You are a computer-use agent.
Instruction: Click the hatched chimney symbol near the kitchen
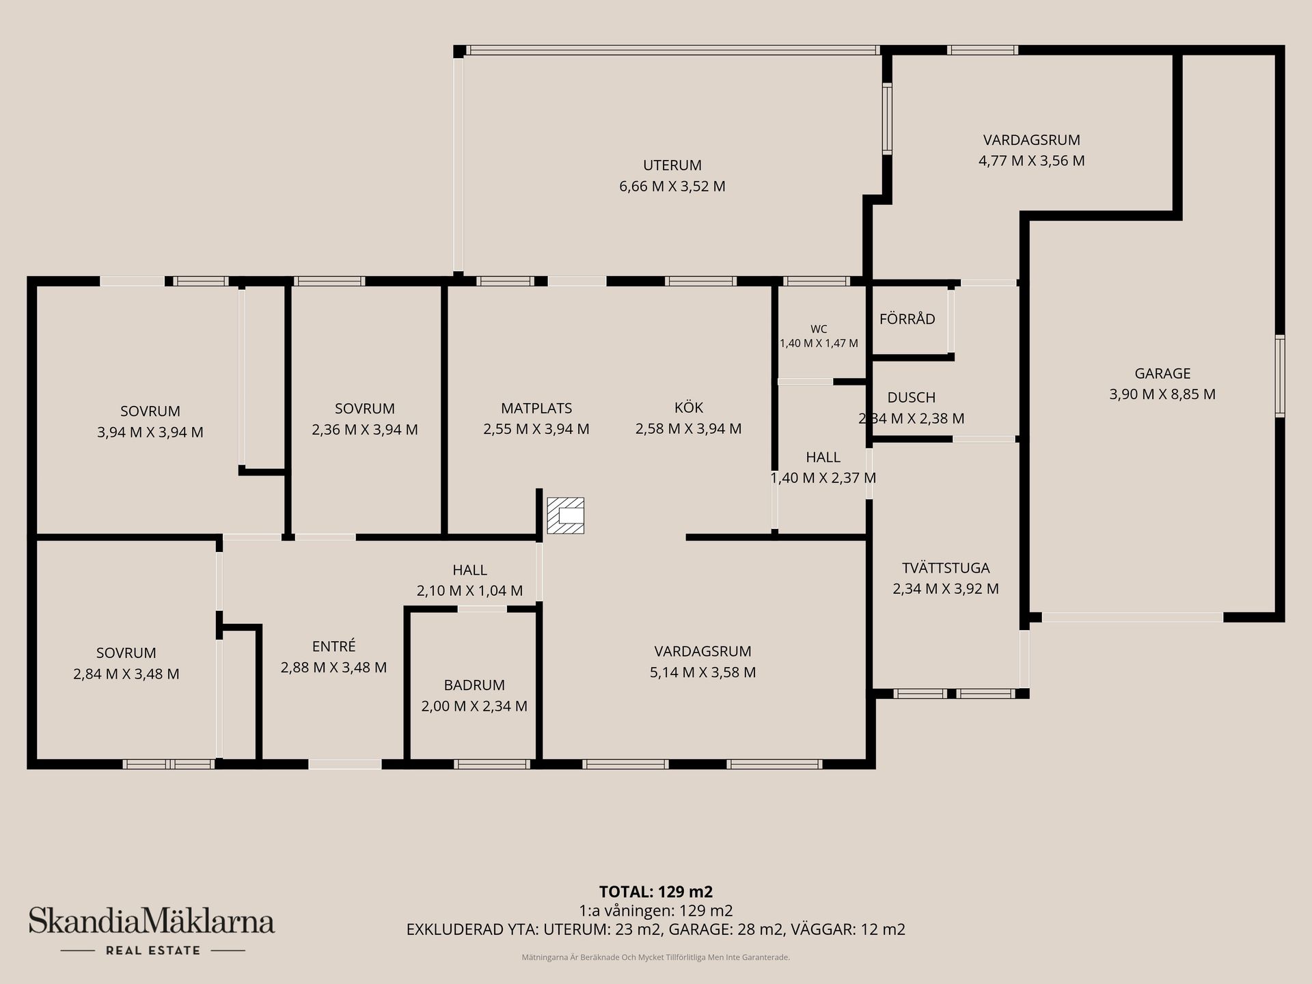[x=566, y=515]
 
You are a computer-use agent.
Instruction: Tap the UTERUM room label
[x=672, y=165]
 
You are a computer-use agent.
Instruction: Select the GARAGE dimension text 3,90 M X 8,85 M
[x=1162, y=394]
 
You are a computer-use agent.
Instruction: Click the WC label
[x=819, y=329]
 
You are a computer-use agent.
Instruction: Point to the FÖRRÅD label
[x=907, y=319]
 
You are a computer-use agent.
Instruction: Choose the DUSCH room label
[x=912, y=398]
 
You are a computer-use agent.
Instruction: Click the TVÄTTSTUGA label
[x=946, y=568]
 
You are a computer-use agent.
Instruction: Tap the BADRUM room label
[x=474, y=685]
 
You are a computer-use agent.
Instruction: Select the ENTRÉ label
[x=333, y=646]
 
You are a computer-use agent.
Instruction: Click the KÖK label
[x=689, y=407]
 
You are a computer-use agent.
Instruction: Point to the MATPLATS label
[x=536, y=409]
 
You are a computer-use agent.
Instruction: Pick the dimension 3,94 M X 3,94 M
[x=150, y=433]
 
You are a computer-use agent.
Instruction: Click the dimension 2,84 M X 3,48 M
[x=126, y=674]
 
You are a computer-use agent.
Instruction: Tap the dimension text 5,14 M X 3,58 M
[x=703, y=672]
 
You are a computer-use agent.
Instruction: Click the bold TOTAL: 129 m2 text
[x=656, y=892]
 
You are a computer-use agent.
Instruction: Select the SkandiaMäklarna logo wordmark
[x=152, y=920]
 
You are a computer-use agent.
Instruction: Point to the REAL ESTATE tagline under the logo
[x=153, y=951]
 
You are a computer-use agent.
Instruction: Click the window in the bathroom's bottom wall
[x=493, y=764]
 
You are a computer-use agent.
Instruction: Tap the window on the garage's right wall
[x=1280, y=376]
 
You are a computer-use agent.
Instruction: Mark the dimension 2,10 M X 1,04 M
[x=470, y=591]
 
